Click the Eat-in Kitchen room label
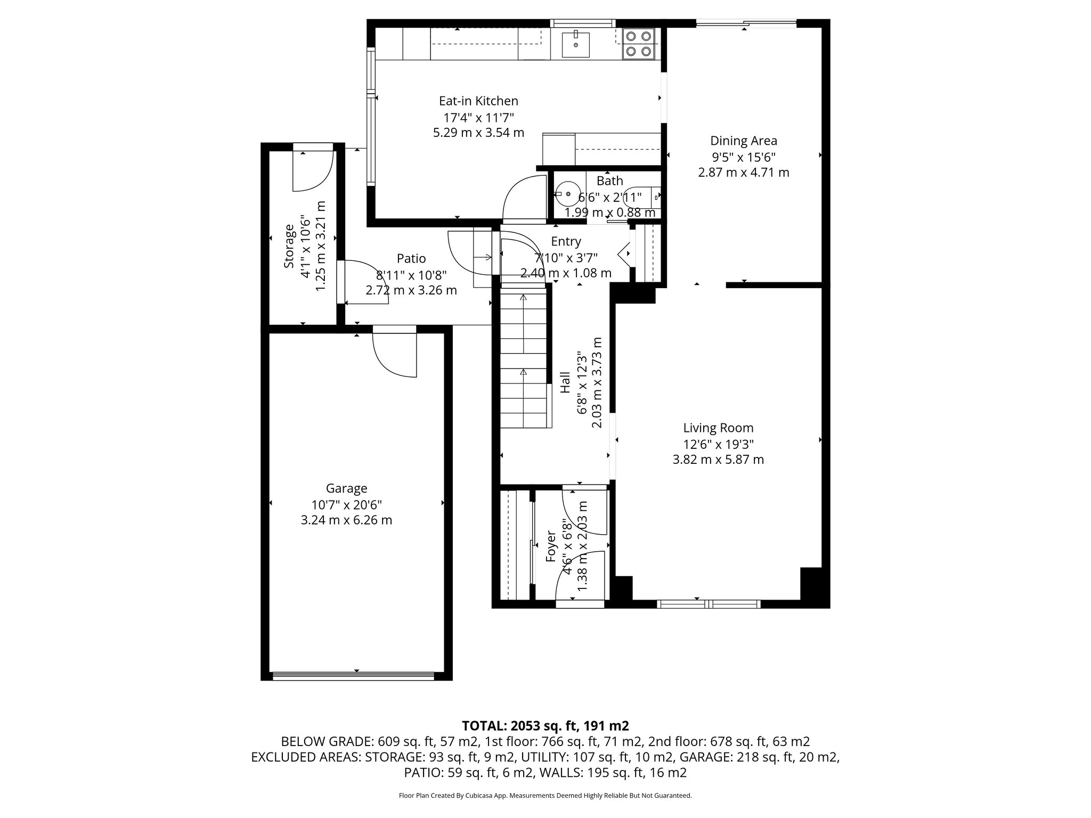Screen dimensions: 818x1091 tap(478, 101)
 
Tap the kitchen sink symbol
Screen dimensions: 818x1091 tap(575, 44)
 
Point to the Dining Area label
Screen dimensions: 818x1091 tap(743, 141)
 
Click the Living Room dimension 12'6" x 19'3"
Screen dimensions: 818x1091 tap(718, 444)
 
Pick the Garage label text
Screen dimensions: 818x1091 tap(346, 488)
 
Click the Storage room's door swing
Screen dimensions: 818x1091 tap(313, 170)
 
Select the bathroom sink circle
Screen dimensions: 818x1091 tap(567, 195)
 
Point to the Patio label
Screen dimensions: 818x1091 tap(411, 259)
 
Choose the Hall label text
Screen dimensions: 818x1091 tap(566, 382)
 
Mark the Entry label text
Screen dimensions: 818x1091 tap(566, 242)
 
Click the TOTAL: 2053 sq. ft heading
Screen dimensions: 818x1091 tap(545, 725)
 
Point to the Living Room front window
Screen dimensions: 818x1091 tap(708, 603)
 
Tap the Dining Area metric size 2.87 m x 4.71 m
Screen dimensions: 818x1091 tap(743, 173)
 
